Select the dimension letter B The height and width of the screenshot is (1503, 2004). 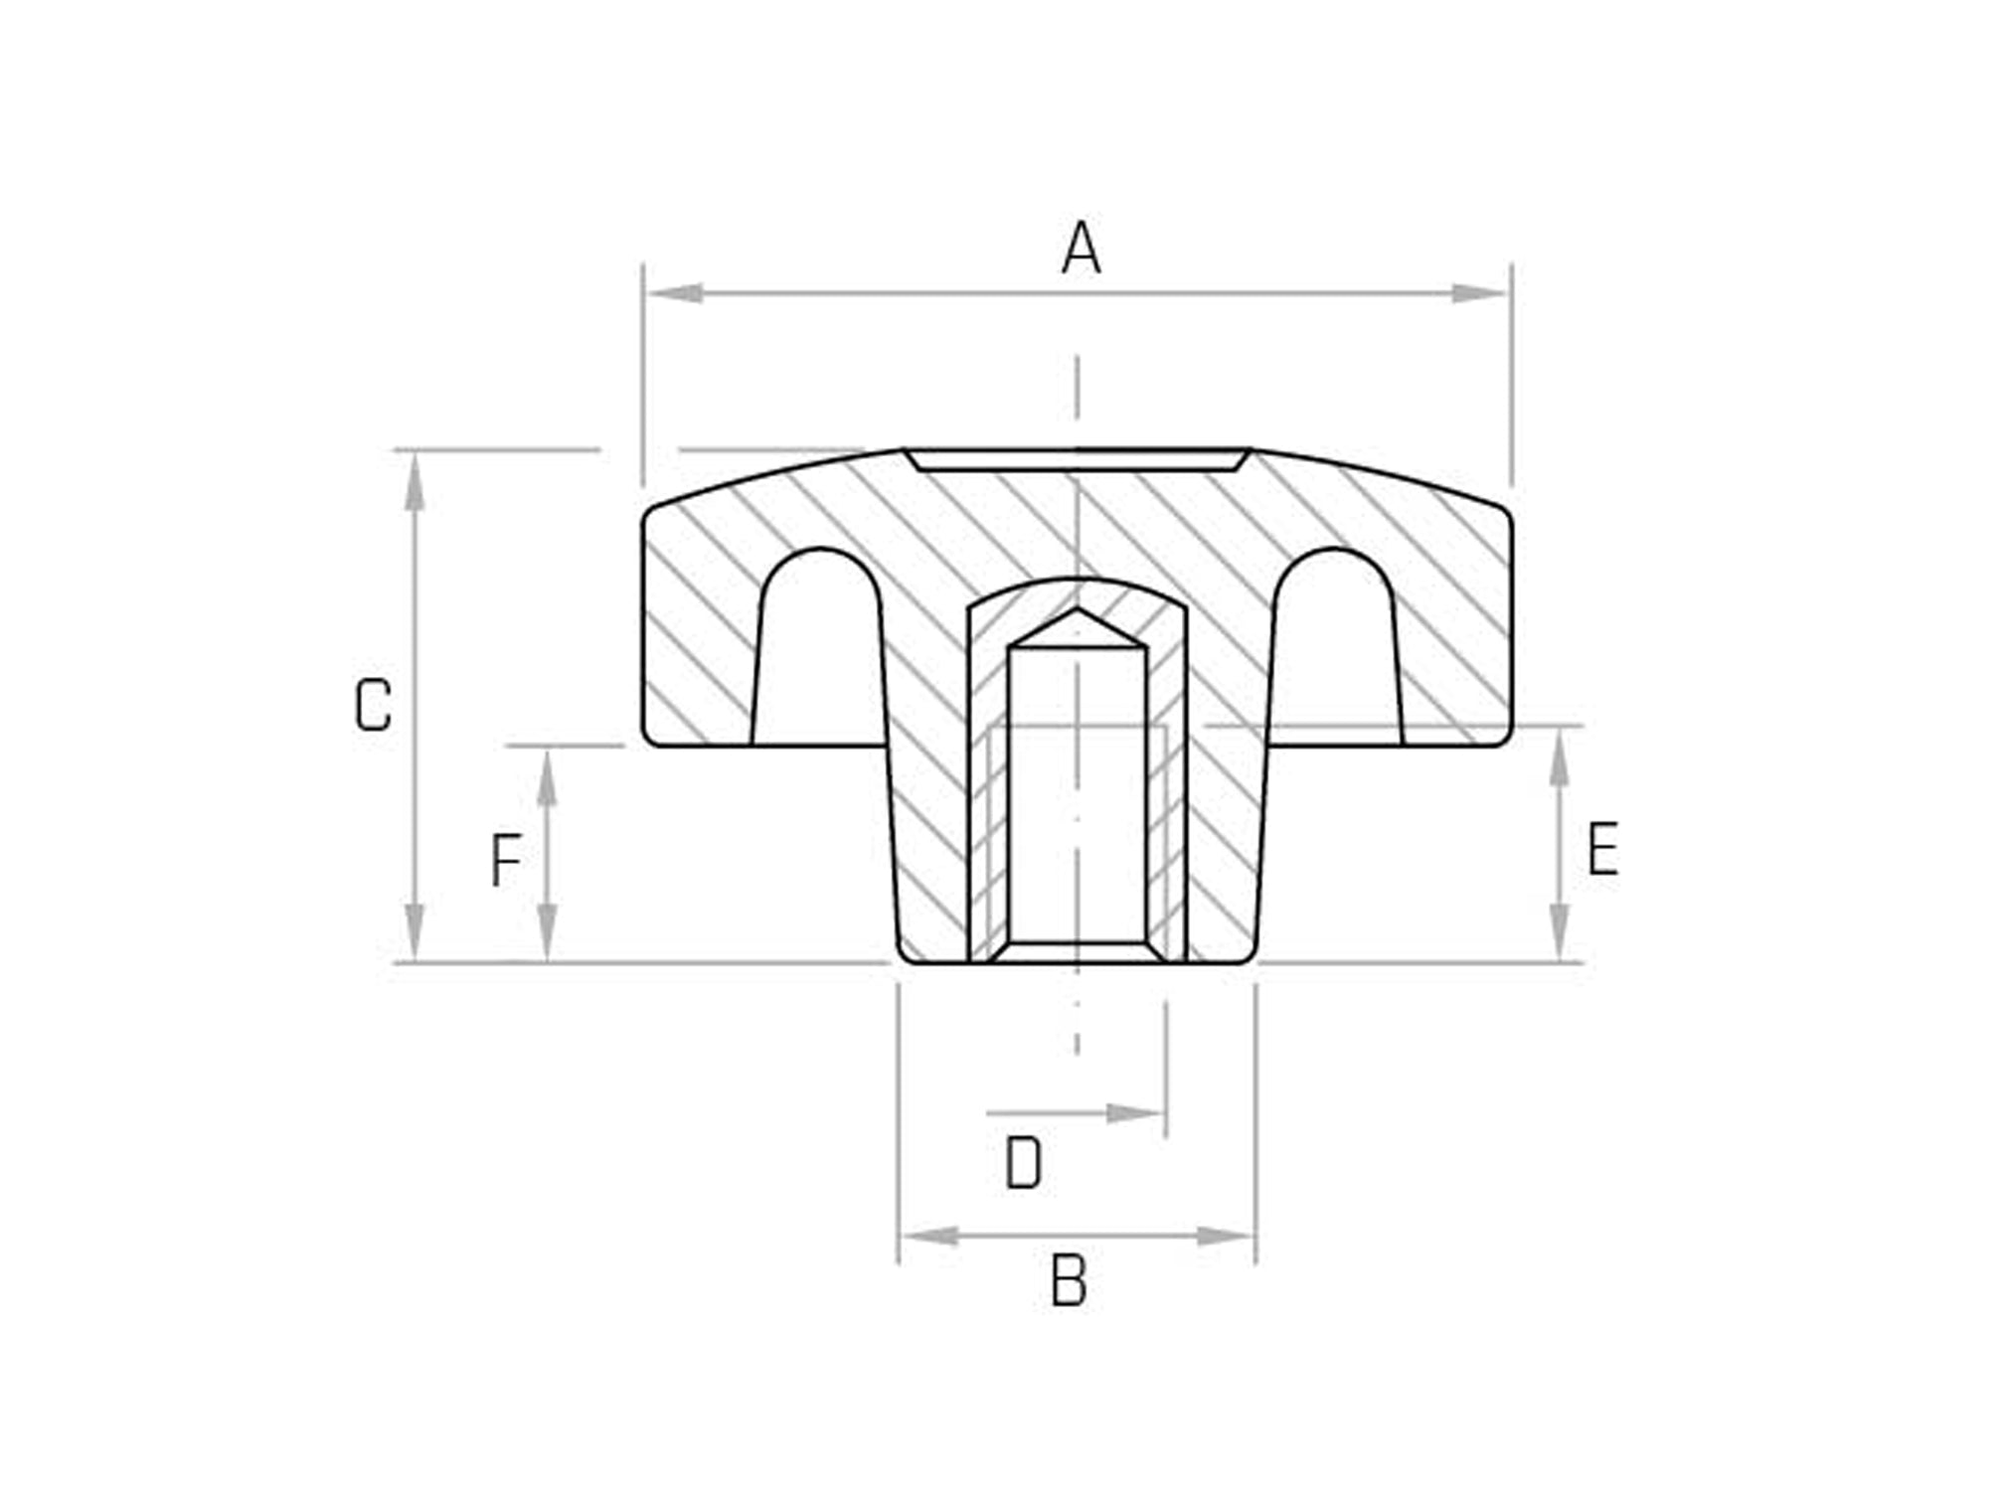point(1069,1281)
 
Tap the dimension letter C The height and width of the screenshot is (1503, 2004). point(373,706)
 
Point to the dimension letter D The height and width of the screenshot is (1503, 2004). point(1023,1163)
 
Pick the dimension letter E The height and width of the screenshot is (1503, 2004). point(1602,849)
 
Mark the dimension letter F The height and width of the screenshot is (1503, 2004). point(506,861)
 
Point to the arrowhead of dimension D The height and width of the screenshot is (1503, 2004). point(1136,1113)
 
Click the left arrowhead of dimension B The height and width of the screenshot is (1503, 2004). point(930,1237)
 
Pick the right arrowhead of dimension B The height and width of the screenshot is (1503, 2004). point(1225,1237)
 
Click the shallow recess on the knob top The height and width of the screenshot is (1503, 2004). point(1077,459)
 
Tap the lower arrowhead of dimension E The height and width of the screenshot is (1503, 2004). point(1560,932)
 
